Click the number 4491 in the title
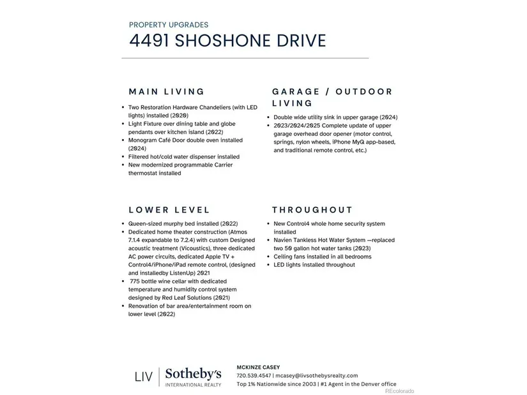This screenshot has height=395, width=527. point(149,41)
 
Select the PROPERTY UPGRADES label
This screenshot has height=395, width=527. point(169,25)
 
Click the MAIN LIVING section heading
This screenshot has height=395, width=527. point(167,91)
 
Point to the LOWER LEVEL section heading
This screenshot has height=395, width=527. point(169,209)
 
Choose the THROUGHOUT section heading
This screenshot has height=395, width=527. point(312,209)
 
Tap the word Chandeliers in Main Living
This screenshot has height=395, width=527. point(211,107)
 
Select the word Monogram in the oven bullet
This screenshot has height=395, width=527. point(144,140)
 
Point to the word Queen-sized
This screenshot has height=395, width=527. point(146,224)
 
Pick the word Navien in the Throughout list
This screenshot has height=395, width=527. point(284,240)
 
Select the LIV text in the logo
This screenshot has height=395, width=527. point(143,376)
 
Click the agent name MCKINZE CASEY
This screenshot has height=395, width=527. point(259,367)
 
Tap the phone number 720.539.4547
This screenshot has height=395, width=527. point(254,375)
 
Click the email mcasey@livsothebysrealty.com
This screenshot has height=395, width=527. point(316,375)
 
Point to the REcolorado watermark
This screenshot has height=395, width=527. point(399,391)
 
